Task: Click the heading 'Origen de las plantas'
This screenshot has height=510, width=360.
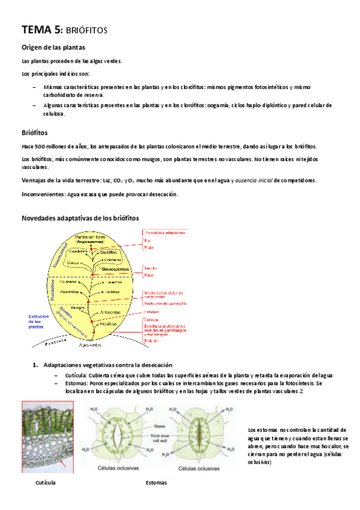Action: point(52,48)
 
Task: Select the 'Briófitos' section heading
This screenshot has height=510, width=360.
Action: point(35,132)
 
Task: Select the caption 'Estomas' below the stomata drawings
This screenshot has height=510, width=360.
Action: point(156,482)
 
